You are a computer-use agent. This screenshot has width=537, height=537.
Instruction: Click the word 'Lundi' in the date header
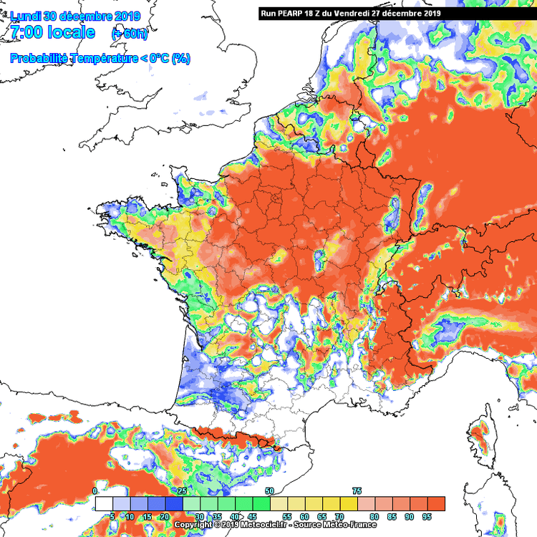26,16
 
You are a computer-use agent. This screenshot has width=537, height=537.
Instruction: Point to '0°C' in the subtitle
157,59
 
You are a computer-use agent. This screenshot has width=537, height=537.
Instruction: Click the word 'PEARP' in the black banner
289,13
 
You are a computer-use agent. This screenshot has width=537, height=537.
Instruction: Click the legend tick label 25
182,491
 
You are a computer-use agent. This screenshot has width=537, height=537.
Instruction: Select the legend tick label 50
269,491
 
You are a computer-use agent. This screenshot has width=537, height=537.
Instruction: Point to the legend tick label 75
357,491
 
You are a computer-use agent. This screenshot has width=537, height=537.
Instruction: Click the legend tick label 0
95,491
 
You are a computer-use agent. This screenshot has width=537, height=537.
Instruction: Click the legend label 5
112,516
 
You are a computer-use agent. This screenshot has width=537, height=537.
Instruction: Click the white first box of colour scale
104,503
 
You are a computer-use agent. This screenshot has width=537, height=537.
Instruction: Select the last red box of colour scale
436,503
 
